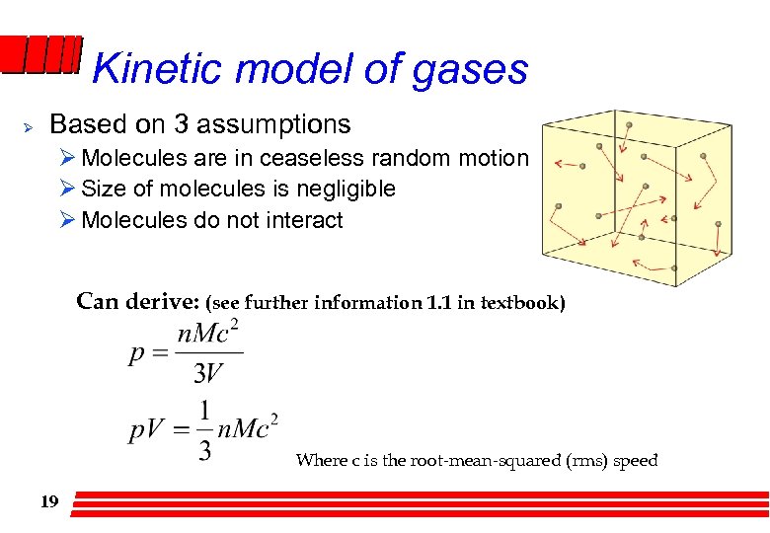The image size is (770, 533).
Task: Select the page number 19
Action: pyautogui.click(x=49, y=502)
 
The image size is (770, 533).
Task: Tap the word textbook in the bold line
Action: pyautogui.click(x=522, y=302)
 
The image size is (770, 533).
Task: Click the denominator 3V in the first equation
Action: pyautogui.click(x=208, y=372)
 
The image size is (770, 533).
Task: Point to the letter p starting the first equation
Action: pyautogui.click(x=137, y=353)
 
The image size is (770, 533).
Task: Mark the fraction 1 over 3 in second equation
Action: pyautogui.click(x=204, y=430)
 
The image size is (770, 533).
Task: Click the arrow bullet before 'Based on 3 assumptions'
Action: pyautogui.click(x=29, y=127)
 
